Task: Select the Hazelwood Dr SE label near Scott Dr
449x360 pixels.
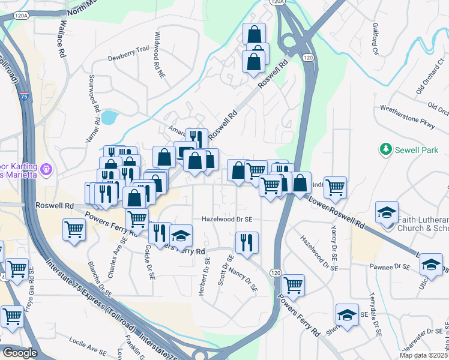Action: click(x=227, y=220)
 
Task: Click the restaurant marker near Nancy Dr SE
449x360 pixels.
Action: click(x=247, y=242)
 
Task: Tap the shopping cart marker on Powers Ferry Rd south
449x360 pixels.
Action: click(x=293, y=286)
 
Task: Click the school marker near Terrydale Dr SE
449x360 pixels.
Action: click(x=347, y=314)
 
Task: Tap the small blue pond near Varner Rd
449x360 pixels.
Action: click(x=109, y=117)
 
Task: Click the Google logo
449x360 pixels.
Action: click(x=20, y=353)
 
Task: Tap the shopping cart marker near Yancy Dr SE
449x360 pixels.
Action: click(x=335, y=187)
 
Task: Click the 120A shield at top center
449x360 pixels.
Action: click(x=277, y=2)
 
